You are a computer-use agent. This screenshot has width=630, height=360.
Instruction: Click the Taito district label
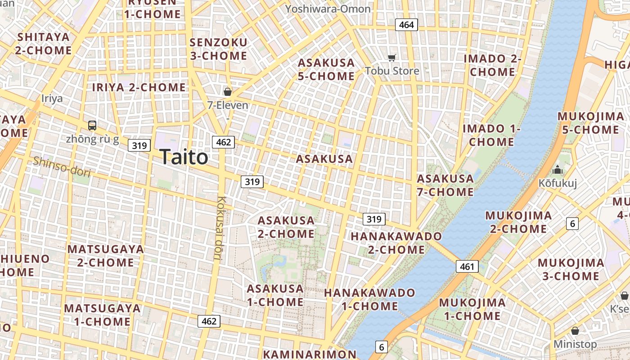[184, 157]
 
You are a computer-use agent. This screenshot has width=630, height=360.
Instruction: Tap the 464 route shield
[406, 25]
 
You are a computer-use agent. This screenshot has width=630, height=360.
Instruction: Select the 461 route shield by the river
[467, 266]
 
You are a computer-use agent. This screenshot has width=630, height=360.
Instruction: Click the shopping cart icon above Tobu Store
[391, 58]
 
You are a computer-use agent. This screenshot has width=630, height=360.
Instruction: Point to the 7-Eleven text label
[228, 105]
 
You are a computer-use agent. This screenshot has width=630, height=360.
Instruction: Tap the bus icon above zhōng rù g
[92, 126]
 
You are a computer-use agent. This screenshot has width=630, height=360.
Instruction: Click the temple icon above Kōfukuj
[558, 170]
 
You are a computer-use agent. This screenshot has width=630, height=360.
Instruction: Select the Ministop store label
[575, 344]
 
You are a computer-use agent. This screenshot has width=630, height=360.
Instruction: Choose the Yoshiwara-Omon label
[328, 9]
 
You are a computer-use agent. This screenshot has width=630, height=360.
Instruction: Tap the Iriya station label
[52, 99]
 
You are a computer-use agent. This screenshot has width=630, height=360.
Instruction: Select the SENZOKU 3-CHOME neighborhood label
[218, 49]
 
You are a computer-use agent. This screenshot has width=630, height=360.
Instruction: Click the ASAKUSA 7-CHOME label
[445, 185]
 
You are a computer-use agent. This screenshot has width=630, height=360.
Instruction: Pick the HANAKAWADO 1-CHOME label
[369, 299]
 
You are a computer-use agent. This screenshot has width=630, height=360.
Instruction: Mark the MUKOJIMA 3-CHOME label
[571, 269]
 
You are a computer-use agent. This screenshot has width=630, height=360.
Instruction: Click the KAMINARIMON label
[310, 354]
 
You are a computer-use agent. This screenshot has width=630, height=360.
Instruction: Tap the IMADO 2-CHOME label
[492, 65]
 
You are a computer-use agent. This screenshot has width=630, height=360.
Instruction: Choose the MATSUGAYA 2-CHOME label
[105, 256]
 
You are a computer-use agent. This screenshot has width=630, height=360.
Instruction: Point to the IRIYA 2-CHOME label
[139, 87]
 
